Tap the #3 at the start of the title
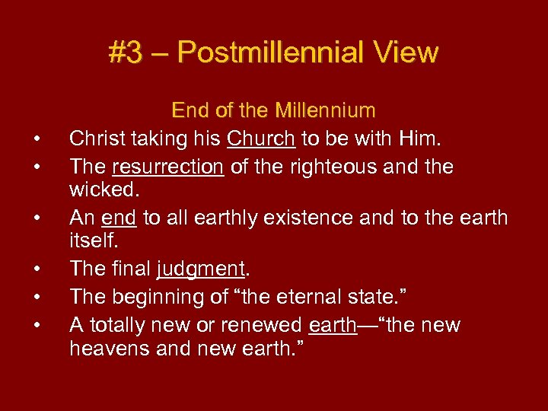click(x=125, y=53)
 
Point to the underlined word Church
click(x=260, y=139)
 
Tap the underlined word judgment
click(x=201, y=269)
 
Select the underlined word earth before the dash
click(x=333, y=325)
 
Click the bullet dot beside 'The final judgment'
click(x=36, y=270)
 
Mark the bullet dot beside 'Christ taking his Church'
click(x=36, y=140)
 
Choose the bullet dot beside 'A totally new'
click(x=36, y=327)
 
